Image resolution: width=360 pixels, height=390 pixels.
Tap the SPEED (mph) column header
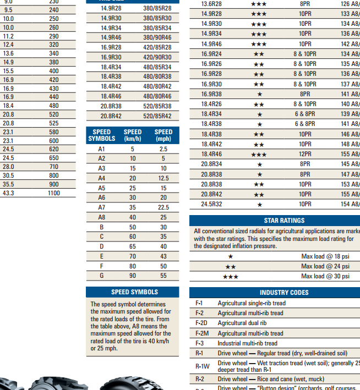pos(163,135)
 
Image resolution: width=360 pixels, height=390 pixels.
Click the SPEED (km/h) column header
pos(133,135)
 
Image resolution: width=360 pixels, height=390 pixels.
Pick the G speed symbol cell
pos(101,276)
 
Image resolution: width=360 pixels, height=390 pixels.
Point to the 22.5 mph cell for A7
pos(163,207)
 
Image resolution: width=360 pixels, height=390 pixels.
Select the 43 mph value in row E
pos(163,256)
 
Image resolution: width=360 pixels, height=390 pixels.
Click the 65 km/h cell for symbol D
pos(133,246)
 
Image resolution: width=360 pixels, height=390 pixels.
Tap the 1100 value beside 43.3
pos(53,194)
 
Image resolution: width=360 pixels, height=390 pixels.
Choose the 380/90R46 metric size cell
pos(157,37)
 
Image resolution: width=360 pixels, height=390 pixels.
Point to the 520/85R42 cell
pos(157,116)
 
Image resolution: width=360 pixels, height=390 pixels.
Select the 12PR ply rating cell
pos(305,154)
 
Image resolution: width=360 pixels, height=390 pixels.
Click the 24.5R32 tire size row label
pos(211,204)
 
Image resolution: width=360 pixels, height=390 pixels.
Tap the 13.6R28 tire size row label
pos(211,4)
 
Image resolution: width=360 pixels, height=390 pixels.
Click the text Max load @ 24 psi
pos(325,266)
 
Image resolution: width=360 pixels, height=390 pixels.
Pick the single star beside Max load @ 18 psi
pos(231,256)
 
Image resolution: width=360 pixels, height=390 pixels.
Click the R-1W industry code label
pos(202,366)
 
